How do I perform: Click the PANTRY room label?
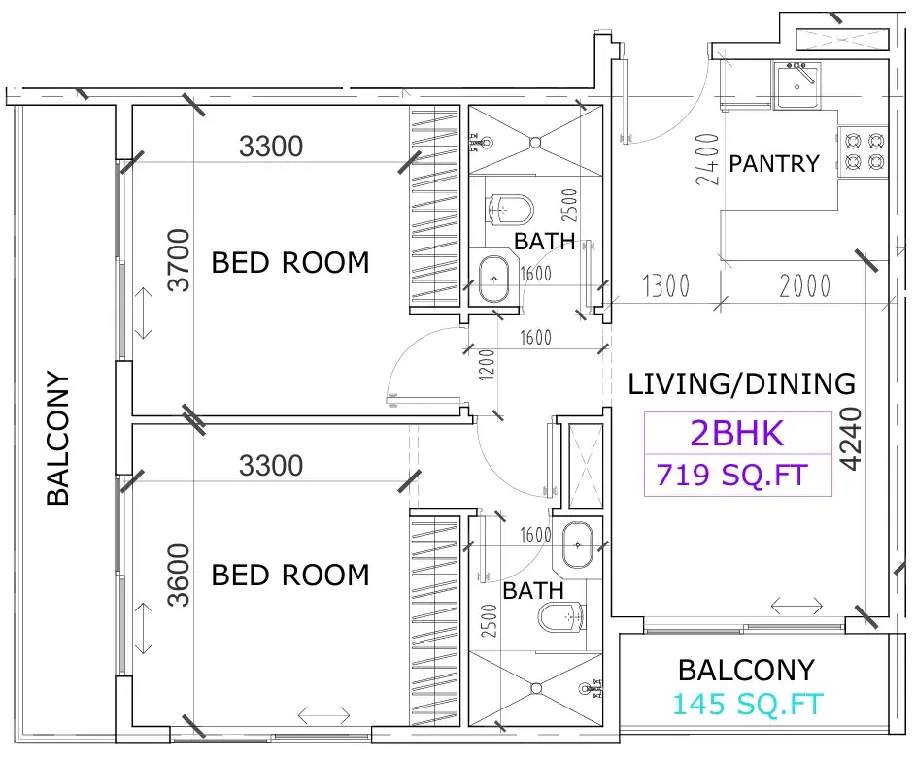[774, 164]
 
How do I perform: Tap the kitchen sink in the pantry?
[797, 85]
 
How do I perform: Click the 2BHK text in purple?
[737, 433]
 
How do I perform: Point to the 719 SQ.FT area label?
[732, 475]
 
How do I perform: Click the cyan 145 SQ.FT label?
[748, 704]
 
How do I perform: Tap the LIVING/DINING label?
[742, 383]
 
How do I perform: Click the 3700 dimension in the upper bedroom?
[179, 260]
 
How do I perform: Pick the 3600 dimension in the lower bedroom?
[179, 576]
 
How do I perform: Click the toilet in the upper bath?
[510, 210]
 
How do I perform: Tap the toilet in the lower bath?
[560, 617]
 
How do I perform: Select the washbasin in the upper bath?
[494, 280]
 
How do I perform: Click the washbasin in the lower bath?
[577, 544]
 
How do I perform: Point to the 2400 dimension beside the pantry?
[707, 159]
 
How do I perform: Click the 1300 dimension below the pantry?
[665, 285]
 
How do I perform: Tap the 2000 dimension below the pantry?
[804, 285]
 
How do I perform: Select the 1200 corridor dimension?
[488, 365]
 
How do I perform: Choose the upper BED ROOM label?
[290, 262]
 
